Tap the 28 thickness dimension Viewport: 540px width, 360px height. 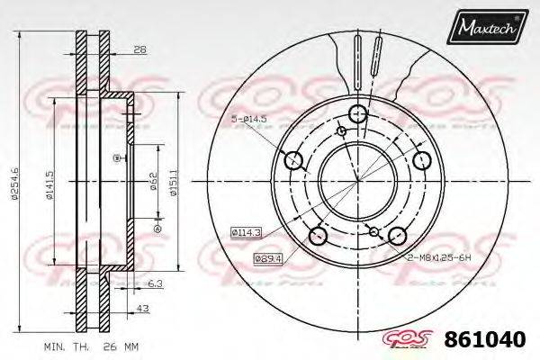[x=139, y=51]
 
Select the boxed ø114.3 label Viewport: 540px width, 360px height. [x=246, y=233]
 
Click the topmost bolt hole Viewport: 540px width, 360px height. [x=357, y=113]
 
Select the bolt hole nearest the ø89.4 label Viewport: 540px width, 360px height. [x=317, y=236]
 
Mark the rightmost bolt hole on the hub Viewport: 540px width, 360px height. [x=423, y=159]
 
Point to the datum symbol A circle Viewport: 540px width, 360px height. [x=157, y=229]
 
